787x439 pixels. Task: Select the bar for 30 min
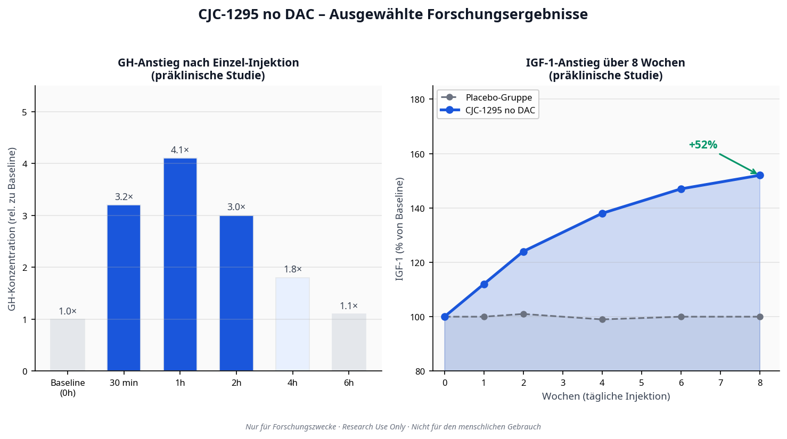click(124, 288)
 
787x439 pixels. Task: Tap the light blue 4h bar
click(292, 324)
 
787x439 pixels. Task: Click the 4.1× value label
click(180, 151)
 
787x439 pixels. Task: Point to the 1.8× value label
click(292, 270)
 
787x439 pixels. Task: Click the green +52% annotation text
click(703, 145)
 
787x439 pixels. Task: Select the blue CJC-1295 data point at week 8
click(760, 176)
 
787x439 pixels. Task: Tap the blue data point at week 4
click(602, 213)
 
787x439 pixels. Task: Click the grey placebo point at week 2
click(523, 314)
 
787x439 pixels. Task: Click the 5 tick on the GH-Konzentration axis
click(24, 112)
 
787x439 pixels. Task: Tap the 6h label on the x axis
click(349, 383)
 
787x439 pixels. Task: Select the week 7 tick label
click(720, 383)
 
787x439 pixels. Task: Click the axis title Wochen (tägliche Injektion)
click(606, 396)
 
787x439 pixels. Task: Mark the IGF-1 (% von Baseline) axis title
click(399, 229)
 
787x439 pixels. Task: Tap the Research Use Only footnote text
click(374, 427)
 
